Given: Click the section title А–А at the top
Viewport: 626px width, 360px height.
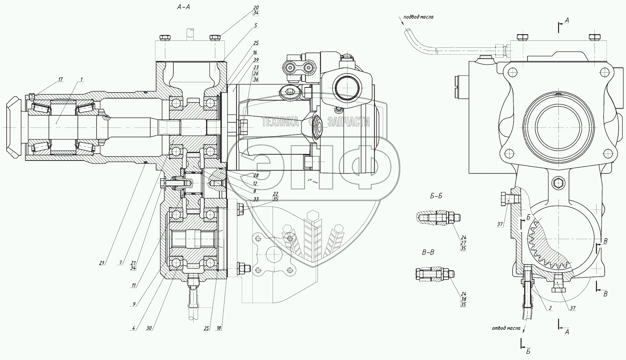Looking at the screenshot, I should click(x=183, y=6).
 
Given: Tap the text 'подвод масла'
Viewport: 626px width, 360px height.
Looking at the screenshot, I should click(x=418, y=17).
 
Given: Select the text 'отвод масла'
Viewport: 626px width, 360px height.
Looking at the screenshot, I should click(x=506, y=328).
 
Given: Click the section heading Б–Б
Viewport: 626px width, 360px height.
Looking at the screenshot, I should click(x=436, y=196).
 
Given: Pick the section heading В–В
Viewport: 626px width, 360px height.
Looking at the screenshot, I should click(x=428, y=252).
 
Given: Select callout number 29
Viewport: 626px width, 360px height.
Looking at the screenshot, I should click(x=102, y=262).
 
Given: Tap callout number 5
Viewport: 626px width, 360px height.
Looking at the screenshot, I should click(x=256, y=25).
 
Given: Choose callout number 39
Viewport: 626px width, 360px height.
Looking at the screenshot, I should click(x=256, y=60).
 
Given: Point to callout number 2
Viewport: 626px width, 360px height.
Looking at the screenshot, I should click(x=550, y=308).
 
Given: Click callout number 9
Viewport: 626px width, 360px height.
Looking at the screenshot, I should click(x=134, y=304).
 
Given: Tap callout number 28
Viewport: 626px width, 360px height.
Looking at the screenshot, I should click(x=256, y=176).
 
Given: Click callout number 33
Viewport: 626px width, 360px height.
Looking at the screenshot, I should click(x=256, y=199).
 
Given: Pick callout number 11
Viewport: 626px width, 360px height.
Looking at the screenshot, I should click(x=134, y=285).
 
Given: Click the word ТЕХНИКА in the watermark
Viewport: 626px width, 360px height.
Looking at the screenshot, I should click(x=280, y=122).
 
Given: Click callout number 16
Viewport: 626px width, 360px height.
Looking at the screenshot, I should click(x=255, y=53).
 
